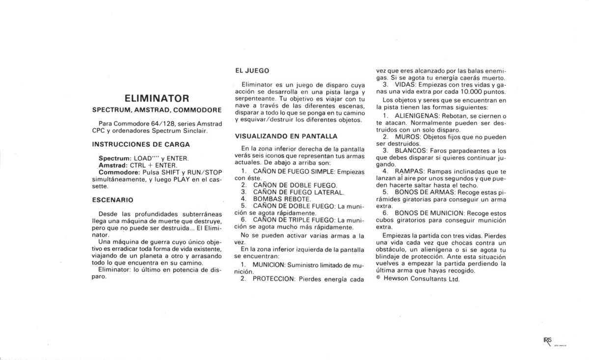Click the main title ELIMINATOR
pyautogui.click(x=157, y=98)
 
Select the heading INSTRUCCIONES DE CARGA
pyautogui.click(x=141, y=144)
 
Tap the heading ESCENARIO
pyautogui.click(x=112, y=200)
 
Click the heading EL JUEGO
pyautogui.click(x=252, y=71)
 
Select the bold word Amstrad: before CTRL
pyautogui.click(x=114, y=165)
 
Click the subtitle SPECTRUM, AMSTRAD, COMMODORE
pyautogui.click(x=157, y=109)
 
